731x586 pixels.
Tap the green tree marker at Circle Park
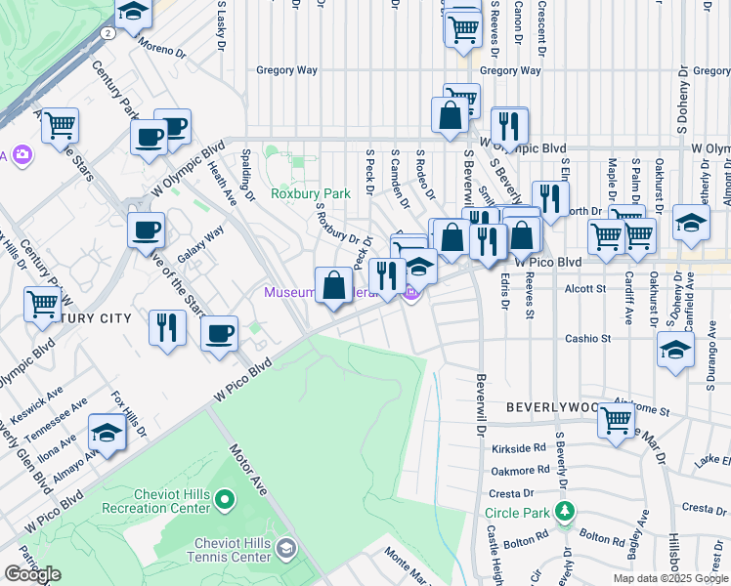click(x=564, y=511)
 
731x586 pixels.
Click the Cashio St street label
click(x=587, y=339)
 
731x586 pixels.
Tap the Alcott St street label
click(x=586, y=288)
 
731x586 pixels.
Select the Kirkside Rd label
click(x=519, y=447)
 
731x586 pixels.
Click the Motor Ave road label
click(x=249, y=470)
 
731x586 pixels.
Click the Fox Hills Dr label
click(x=129, y=414)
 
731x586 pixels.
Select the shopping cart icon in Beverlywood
click(x=617, y=421)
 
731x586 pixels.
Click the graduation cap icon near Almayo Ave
click(x=107, y=434)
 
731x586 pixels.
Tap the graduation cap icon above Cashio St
click(x=676, y=349)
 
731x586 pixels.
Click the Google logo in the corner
click(x=32, y=574)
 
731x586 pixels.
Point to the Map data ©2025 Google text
click(x=669, y=578)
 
